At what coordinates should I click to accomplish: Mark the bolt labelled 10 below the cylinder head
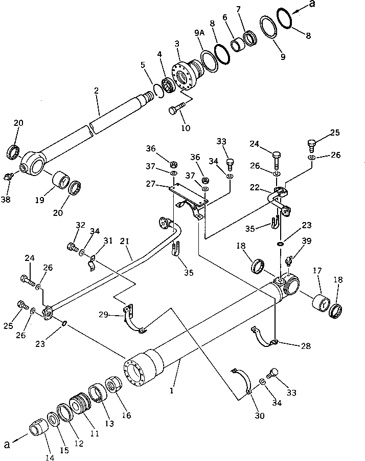[174, 109]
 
